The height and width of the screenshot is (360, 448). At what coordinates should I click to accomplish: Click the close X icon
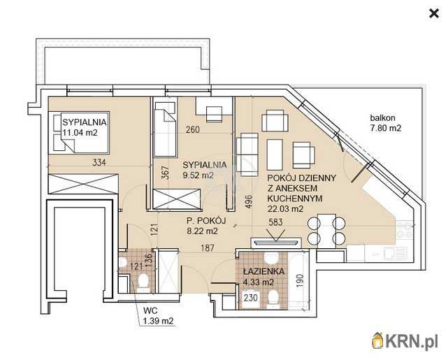click(x=434, y=13)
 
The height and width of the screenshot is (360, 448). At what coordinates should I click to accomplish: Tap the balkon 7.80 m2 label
click(x=385, y=123)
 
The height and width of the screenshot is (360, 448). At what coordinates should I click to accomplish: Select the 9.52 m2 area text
click(x=198, y=175)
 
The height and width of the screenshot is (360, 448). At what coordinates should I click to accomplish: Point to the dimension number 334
click(x=99, y=163)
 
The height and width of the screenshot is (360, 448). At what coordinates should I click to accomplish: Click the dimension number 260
click(x=193, y=130)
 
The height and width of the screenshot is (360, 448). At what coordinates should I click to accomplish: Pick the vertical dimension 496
click(x=249, y=201)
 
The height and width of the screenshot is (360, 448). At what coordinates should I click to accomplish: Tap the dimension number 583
click(x=275, y=222)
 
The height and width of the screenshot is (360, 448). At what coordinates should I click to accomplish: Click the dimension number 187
click(x=208, y=247)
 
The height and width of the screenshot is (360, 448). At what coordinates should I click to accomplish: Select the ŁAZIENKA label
click(x=263, y=271)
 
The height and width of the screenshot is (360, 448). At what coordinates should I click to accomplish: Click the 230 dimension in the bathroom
click(x=251, y=298)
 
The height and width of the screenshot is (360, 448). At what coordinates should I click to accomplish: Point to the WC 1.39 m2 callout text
click(x=158, y=315)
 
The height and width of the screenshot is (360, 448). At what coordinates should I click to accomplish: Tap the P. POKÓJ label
click(x=206, y=221)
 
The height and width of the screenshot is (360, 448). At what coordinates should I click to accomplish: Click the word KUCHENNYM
click(x=294, y=199)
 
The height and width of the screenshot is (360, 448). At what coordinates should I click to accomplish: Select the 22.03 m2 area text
click(x=285, y=209)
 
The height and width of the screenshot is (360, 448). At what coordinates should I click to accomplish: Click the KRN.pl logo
click(x=405, y=340)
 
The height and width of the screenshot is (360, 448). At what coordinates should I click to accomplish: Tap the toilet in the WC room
click(x=143, y=282)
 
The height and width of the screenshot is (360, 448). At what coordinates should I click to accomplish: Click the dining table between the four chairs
click(x=326, y=230)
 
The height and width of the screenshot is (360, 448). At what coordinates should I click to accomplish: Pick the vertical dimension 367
click(x=166, y=173)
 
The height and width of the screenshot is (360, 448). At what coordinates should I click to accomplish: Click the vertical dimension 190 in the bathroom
click(x=299, y=280)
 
